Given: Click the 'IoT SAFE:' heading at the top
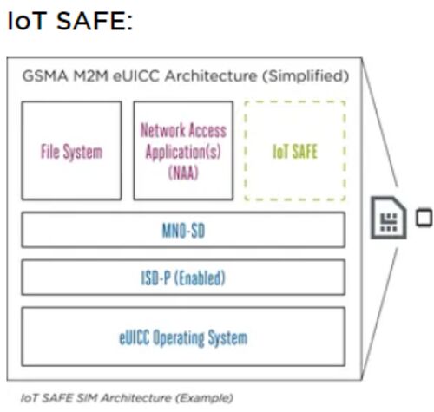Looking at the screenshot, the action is pyautogui.click(x=70, y=21).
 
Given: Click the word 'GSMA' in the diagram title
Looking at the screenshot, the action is pyautogui.click(x=45, y=76).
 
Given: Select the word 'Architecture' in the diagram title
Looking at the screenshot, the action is pyautogui.click(x=211, y=76).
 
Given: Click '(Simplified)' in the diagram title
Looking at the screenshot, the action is pyautogui.click(x=306, y=76).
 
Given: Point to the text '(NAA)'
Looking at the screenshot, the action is pyautogui.click(x=183, y=173).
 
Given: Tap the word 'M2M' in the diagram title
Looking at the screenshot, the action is pyautogui.click(x=91, y=76).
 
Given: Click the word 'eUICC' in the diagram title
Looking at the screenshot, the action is pyautogui.click(x=136, y=76).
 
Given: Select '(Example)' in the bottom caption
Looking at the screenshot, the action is pyautogui.click(x=204, y=398).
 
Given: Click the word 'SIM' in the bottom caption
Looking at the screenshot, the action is pyautogui.click(x=86, y=398).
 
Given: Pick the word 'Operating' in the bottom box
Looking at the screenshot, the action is pyautogui.click(x=179, y=337).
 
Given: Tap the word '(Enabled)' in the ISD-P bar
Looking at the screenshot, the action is pyautogui.click(x=200, y=278).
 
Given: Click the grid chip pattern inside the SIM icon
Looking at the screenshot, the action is pyautogui.click(x=389, y=222).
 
